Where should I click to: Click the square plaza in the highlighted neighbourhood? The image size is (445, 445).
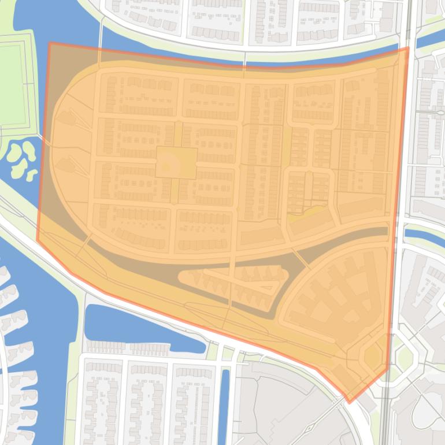[176, 162]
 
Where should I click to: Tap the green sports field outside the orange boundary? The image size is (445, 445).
[13, 84]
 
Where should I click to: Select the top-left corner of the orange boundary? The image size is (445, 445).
[50, 43]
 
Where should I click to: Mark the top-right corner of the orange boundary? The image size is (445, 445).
[408, 48]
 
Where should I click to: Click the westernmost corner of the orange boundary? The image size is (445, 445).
[38, 240]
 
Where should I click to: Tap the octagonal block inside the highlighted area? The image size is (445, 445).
[373, 355]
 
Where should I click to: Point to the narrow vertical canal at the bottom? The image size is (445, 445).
[225, 399]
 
